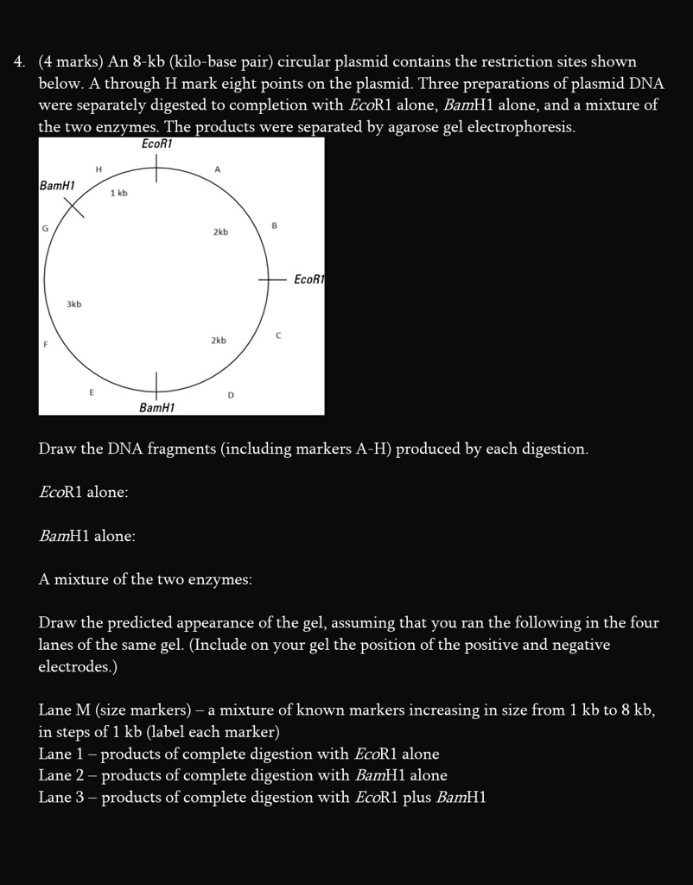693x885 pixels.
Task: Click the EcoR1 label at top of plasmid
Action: click(x=156, y=144)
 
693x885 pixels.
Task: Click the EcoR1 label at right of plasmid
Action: click(x=308, y=279)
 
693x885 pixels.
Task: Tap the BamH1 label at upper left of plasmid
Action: click(x=58, y=186)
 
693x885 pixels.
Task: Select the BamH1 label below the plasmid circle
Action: click(x=156, y=407)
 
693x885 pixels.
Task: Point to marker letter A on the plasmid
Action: click(x=218, y=170)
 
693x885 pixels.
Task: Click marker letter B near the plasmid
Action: click(x=274, y=226)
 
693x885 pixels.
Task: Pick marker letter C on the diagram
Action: click(x=278, y=334)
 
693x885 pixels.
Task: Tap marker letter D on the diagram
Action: click(x=231, y=395)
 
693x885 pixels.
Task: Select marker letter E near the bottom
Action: click(x=91, y=392)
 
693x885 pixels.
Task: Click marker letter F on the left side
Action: click(x=46, y=344)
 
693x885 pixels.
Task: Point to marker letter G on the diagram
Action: click(x=44, y=226)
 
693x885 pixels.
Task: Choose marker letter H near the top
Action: click(x=99, y=169)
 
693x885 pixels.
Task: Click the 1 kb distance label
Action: click(x=119, y=194)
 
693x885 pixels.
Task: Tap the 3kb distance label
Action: click(x=74, y=304)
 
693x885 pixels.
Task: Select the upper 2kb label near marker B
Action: click(x=220, y=232)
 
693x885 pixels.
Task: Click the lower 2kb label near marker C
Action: click(x=219, y=341)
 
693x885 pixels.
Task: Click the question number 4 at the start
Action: click(x=18, y=62)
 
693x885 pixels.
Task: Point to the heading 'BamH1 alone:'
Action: click(x=87, y=537)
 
